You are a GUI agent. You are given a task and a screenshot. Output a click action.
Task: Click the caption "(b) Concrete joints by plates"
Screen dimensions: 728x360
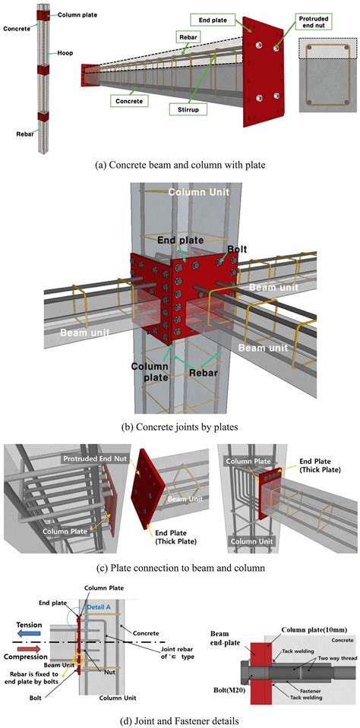[x=179, y=427]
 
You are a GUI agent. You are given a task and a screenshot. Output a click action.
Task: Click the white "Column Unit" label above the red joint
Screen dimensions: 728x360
[x=199, y=193]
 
